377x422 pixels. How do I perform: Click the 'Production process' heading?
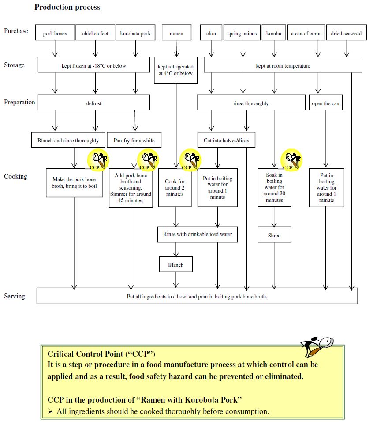tap(67, 7)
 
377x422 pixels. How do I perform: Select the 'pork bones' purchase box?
tap(55, 34)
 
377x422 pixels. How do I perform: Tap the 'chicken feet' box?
tap(95, 34)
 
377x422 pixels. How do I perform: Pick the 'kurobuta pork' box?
tap(135, 34)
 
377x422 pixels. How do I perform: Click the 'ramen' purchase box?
tap(176, 34)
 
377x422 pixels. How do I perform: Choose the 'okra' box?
tap(211, 34)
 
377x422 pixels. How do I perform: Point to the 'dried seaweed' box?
tap(346, 34)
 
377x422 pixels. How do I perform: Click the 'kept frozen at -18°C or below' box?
tap(93, 65)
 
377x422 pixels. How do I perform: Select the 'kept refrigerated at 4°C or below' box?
tap(175, 70)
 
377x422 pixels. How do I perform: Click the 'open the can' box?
tap(325, 103)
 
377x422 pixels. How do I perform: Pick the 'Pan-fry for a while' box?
tap(134, 140)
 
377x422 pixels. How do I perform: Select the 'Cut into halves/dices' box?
tap(226, 140)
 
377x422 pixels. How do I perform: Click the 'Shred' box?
tap(274, 235)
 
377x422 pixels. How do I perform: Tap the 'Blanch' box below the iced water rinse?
tap(176, 265)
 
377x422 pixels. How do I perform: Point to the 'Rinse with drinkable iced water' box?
tap(198, 234)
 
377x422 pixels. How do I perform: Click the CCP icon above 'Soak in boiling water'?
tap(291, 160)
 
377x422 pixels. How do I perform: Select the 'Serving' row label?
tap(15, 296)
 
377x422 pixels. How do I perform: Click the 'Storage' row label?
tap(15, 65)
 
